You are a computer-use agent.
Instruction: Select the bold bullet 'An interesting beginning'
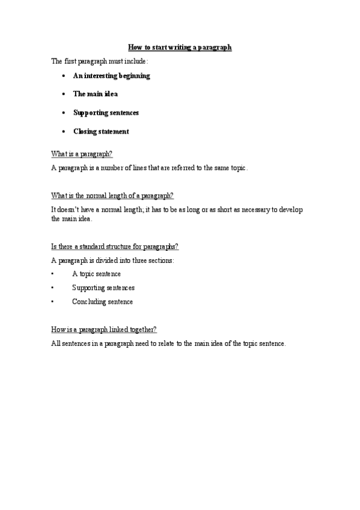111,76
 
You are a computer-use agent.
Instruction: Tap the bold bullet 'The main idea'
95,94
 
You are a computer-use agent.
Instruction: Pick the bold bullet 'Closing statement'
101,131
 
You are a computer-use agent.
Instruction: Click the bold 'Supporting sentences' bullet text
106,112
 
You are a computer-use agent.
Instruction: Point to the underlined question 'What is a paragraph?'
82,154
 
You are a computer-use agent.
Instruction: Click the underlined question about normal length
113,195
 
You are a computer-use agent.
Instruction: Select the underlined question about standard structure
115,247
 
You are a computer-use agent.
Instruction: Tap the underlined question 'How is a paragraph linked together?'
104,330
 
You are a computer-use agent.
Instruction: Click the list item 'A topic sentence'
96,274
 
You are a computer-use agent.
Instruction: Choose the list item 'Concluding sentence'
102,302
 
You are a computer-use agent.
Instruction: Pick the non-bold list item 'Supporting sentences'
103,288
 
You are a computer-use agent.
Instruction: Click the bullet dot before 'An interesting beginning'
64,76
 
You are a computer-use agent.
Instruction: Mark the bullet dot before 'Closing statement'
64,132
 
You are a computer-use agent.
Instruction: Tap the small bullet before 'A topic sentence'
53,274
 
